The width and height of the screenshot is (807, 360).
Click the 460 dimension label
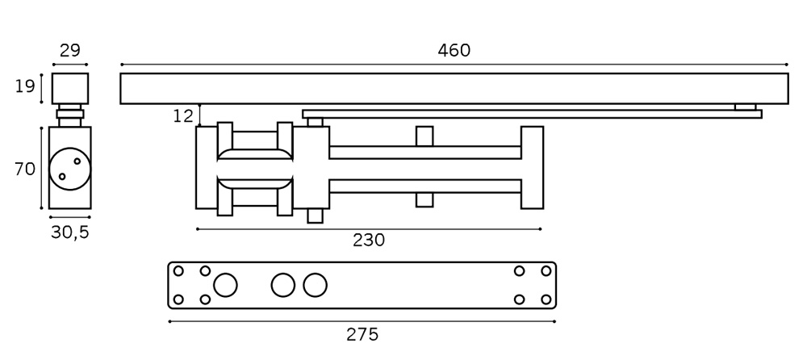pos(454,50)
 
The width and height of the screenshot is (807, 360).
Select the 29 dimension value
pos(70,50)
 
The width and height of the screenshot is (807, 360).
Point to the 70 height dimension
pos(25,169)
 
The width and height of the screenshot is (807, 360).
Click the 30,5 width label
pos(69,232)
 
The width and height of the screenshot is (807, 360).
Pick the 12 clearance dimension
pos(183,115)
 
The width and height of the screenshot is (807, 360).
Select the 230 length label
pos(369,240)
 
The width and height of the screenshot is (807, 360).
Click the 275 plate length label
pos(362,333)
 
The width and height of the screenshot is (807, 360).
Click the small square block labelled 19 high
pos(70,87)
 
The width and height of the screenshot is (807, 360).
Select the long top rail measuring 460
pos(454,89)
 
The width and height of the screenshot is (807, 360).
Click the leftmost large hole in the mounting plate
pos(225,285)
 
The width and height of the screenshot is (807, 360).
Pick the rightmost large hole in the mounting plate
pos(316,285)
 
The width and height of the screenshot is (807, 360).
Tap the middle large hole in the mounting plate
pos(283,285)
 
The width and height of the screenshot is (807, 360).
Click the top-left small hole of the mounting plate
pos(179,271)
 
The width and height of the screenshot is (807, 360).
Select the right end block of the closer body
pos(532,168)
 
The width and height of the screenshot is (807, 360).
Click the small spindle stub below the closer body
pos(315,216)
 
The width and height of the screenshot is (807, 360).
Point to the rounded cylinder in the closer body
pos(254,168)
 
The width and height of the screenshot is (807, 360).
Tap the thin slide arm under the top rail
pos(532,114)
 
